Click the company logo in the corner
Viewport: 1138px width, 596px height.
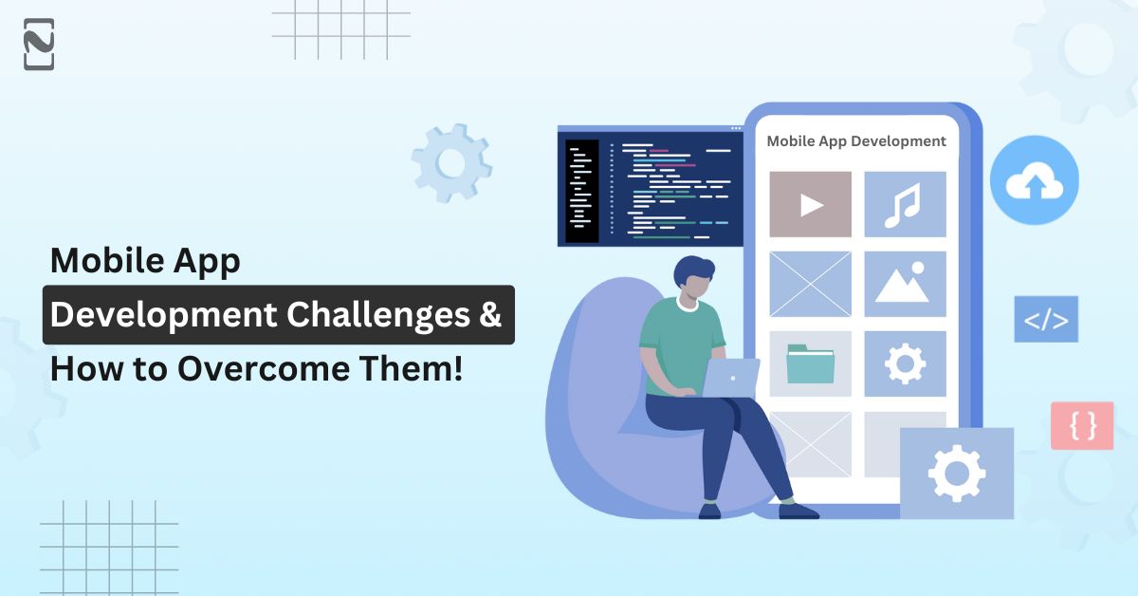tap(39, 45)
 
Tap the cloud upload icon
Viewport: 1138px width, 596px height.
tap(1035, 180)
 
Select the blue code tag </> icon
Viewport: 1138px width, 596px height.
tap(1046, 320)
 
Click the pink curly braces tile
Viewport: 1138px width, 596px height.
tap(1082, 425)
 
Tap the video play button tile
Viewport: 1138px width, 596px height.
tap(810, 204)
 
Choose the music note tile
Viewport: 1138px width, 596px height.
tap(905, 204)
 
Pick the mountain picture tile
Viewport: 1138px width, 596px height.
tap(905, 284)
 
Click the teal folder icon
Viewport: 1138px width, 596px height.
tap(810, 363)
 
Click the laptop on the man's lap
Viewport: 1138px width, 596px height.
tap(731, 378)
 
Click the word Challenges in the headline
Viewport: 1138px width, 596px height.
tap(378, 315)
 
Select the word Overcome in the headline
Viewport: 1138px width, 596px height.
tap(264, 368)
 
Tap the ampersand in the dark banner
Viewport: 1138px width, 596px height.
tap(489, 314)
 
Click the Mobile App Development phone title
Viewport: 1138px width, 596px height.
tap(856, 141)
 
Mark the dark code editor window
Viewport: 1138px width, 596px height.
tap(651, 186)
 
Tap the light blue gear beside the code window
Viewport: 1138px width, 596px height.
tap(451, 163)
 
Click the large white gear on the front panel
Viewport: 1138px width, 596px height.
tap(957, 474)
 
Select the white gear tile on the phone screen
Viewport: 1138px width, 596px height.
tap(905, 363)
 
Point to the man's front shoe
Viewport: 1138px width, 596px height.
tap(798, 511)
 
